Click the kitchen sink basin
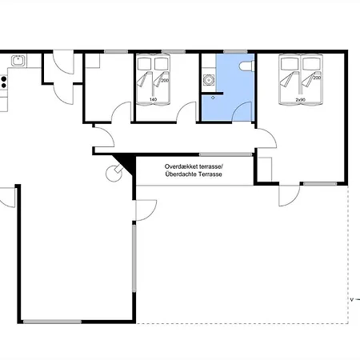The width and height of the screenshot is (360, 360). coord(18,61)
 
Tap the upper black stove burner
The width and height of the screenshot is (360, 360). coord(4,78)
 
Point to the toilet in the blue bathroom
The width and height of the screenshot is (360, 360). coord(246,66)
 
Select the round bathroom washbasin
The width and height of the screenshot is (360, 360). coord(209,79)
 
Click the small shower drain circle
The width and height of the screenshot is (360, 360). coord(213,98)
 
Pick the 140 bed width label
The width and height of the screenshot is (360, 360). coord(153,99)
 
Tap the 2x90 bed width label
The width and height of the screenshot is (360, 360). coord(300,100)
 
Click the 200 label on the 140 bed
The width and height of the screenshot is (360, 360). coord(165,80)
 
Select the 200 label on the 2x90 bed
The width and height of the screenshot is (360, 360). coord(317,78)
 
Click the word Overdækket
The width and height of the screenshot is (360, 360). coord(182,166)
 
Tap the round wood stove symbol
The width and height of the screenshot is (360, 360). coord(114,174)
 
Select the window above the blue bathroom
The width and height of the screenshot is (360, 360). coord(235,52)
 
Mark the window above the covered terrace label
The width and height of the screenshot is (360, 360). coord(226,154)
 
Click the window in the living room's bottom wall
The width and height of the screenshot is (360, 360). coord(52,322)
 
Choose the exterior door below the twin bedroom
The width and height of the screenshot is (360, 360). coord(290,196)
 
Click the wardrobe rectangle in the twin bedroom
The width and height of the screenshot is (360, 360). coord(265,170)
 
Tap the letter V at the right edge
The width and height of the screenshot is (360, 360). coord(352,300)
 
